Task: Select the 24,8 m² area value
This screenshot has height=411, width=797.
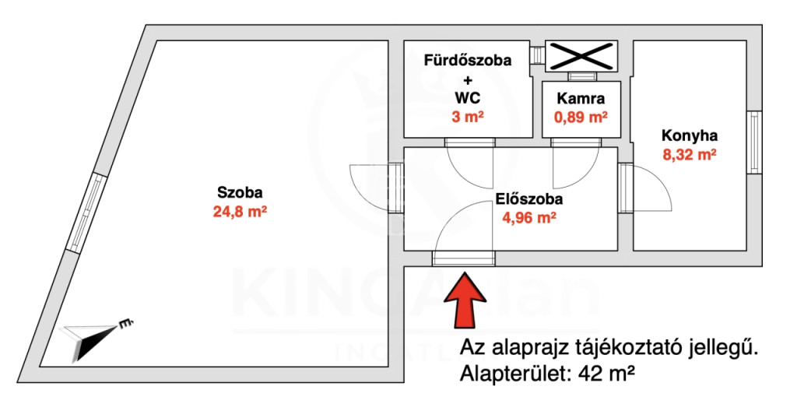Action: pos(240,210)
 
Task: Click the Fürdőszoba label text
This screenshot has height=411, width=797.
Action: pos(467,61)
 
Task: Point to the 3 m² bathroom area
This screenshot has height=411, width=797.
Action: pos(468,117)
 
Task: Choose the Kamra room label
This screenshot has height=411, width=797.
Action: pos(581,99)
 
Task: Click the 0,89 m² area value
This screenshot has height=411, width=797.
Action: pos(581,118)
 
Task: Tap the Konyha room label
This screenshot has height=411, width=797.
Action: pos(690,135)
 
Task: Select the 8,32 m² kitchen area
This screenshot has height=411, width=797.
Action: pos(690,154)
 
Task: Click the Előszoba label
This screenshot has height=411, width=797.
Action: pos(528,199)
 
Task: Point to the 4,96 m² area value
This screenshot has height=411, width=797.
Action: pos(529,218)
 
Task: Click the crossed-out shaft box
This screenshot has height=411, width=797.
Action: pos(581,54)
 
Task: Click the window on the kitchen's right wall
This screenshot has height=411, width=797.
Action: pos(754,142)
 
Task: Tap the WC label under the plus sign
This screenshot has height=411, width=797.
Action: pos(467,98)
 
